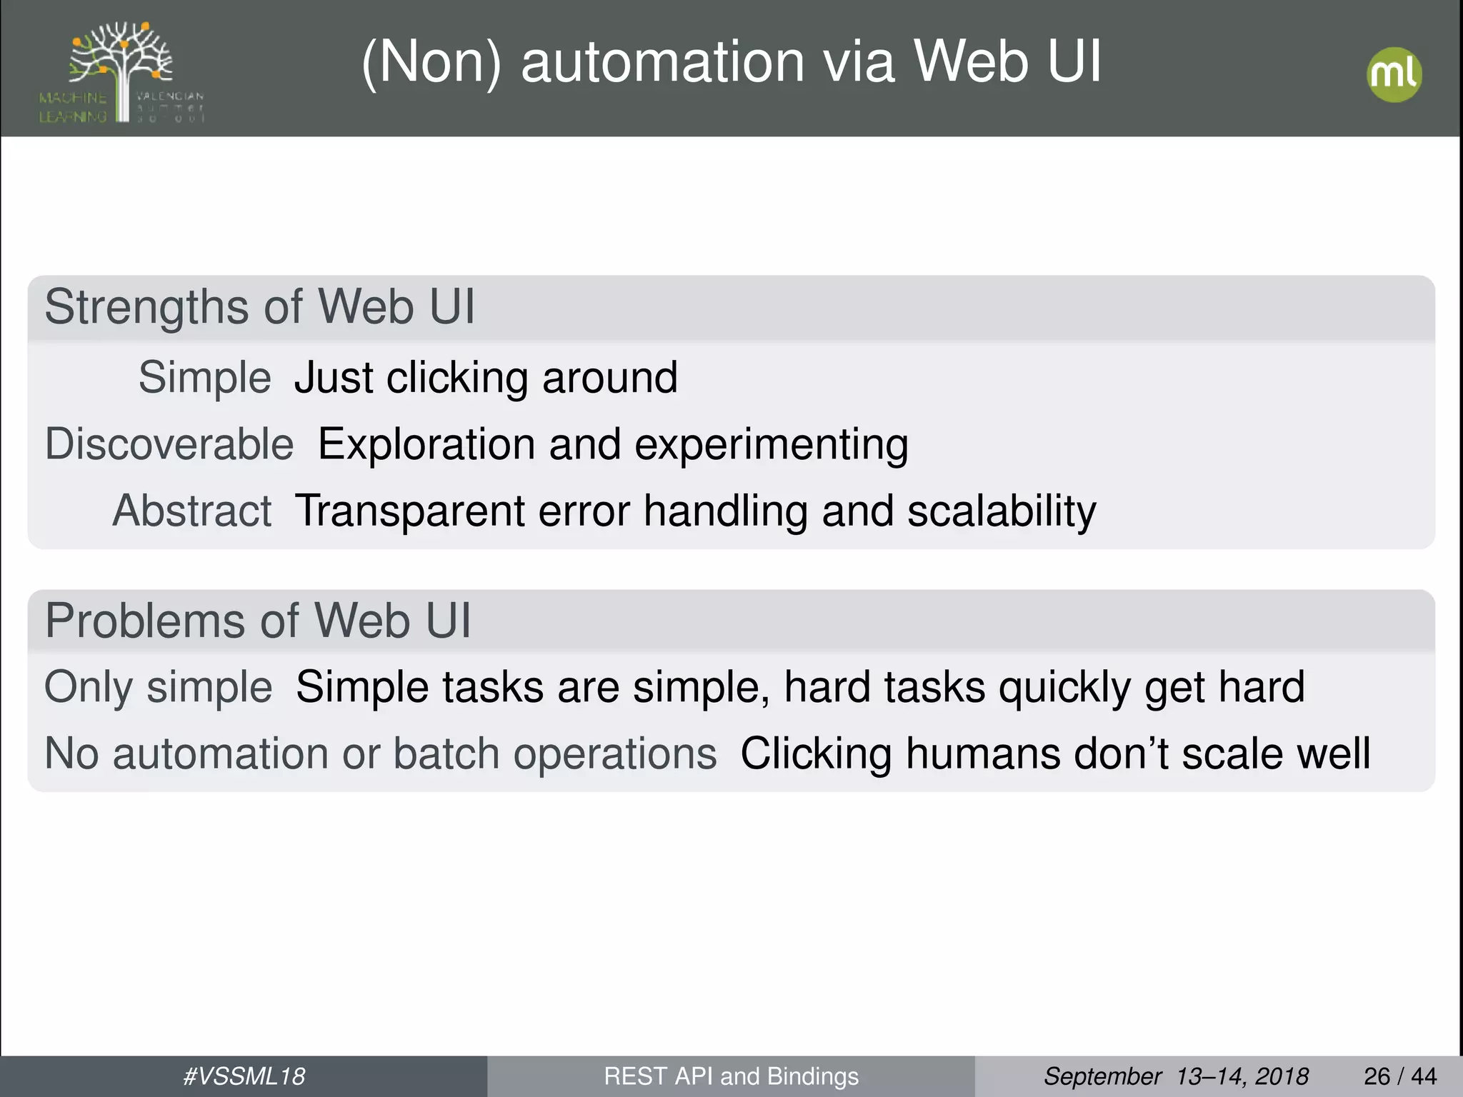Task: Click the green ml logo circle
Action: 1394,75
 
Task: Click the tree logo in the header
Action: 121,72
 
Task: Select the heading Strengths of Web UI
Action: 259,308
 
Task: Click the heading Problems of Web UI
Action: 258,620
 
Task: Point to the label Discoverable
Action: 169,444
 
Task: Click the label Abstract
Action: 192,511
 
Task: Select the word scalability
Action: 1002,512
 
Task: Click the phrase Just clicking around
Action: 486,378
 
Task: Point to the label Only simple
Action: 158,687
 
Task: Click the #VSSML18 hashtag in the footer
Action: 244,1076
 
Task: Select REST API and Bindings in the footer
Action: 731,1076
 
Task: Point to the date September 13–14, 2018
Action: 1176,1076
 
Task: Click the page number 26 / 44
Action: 1400,1076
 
